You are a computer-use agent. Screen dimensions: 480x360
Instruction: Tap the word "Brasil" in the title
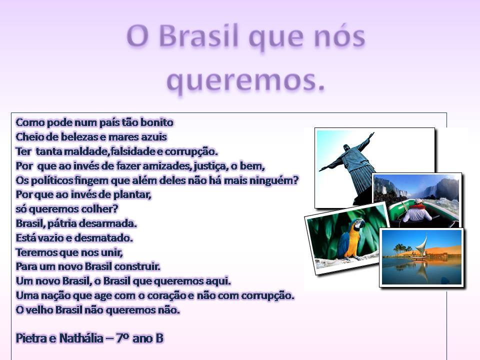[x=198, y=36]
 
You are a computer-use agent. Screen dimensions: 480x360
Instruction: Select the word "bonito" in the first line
[x=156, y=122]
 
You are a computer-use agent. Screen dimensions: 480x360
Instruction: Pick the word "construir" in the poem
[x=137, y=266]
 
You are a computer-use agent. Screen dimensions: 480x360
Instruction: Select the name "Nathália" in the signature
[x=81, y=338]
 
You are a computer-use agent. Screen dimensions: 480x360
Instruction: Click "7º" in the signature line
[x=122, y=338]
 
